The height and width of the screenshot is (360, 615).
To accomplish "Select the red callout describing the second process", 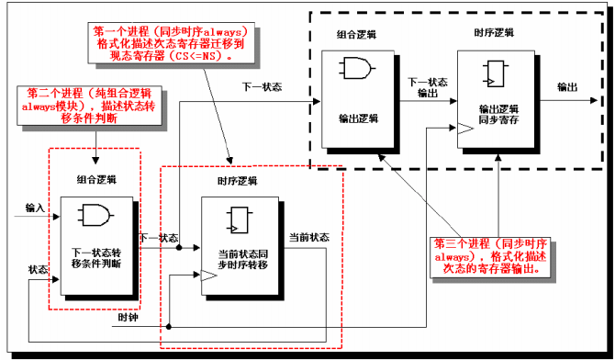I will (73, 107).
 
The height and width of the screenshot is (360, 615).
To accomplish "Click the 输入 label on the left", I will (35, 208).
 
